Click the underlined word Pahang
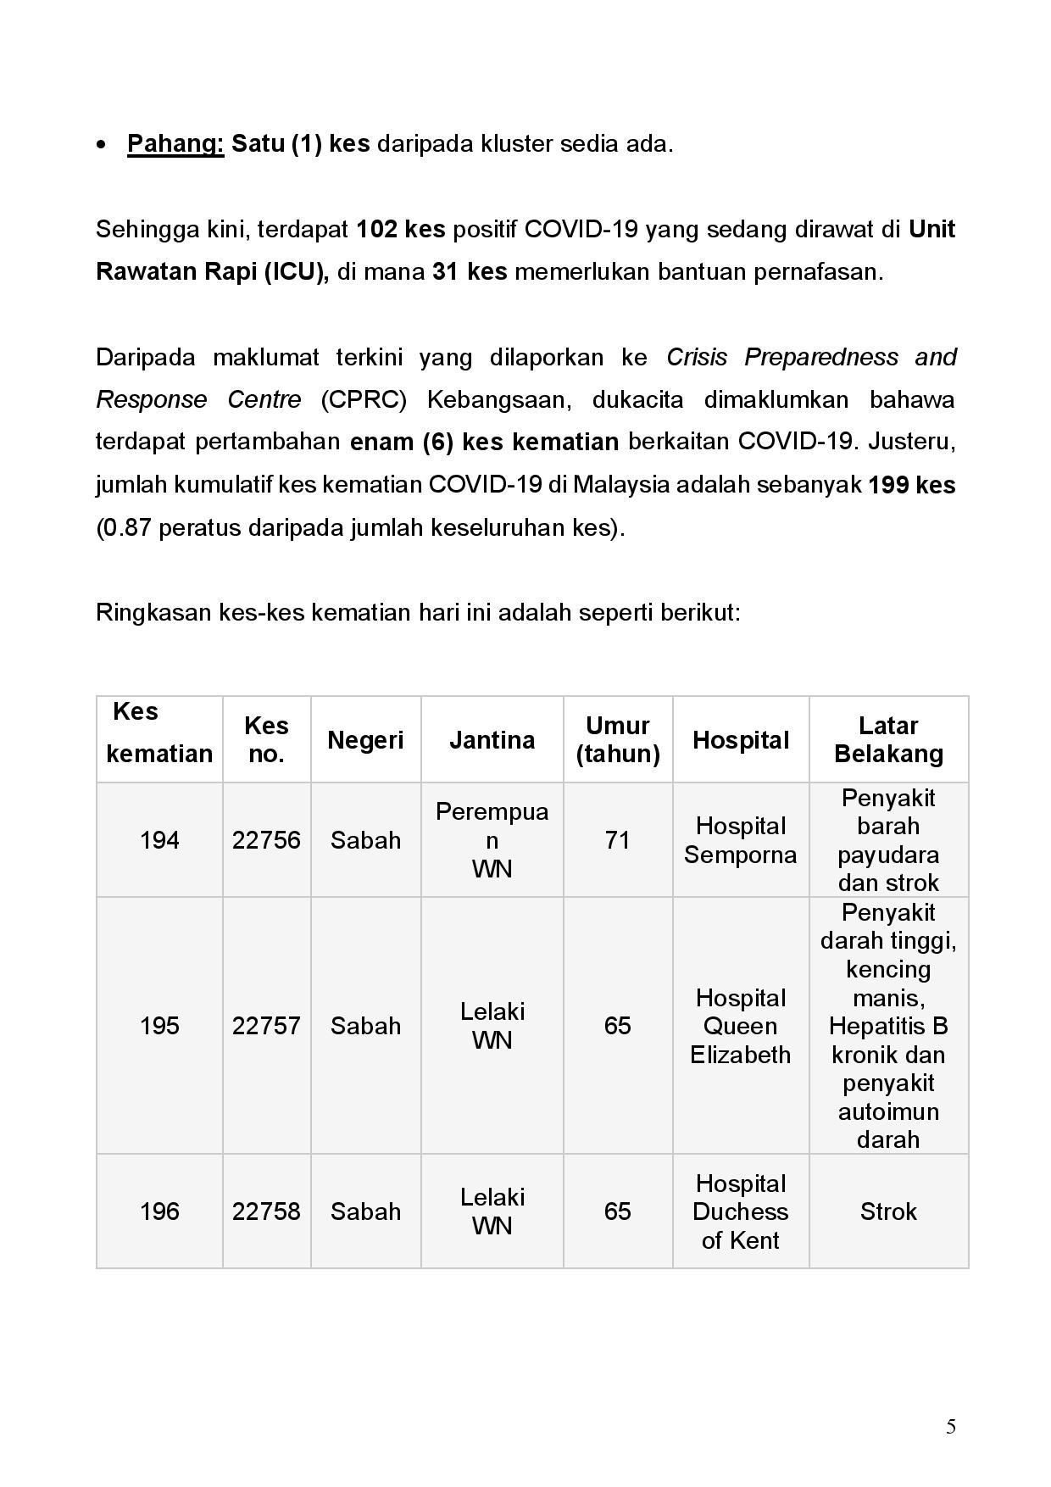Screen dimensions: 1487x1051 pos(175,144)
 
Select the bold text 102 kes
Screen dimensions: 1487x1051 pos(401,230)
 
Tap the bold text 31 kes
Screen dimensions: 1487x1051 pos(470,272)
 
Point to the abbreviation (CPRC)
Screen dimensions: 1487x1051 pos(364,400)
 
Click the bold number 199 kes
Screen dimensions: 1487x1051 pos(912,486)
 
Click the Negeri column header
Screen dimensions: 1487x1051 pos(365,740)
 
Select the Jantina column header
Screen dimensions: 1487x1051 pos(492,740)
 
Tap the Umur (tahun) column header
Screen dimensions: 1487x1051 pos(617,740)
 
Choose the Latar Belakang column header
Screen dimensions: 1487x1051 pos(888,740)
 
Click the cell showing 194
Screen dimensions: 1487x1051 pos(159,840)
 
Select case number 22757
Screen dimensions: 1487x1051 pos(266,1026)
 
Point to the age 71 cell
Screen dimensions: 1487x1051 pos(617,840)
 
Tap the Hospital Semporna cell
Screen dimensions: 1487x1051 pos(740,840)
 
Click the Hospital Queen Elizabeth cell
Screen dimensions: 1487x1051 pos(740,1026)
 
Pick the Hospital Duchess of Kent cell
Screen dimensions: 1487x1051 pos(740,1211)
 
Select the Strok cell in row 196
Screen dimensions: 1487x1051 pos(888,1211)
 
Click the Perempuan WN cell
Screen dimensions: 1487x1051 pos(492,840)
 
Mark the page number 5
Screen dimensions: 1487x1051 pos(951,1427)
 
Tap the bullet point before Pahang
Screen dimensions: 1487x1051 pos(102,146)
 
